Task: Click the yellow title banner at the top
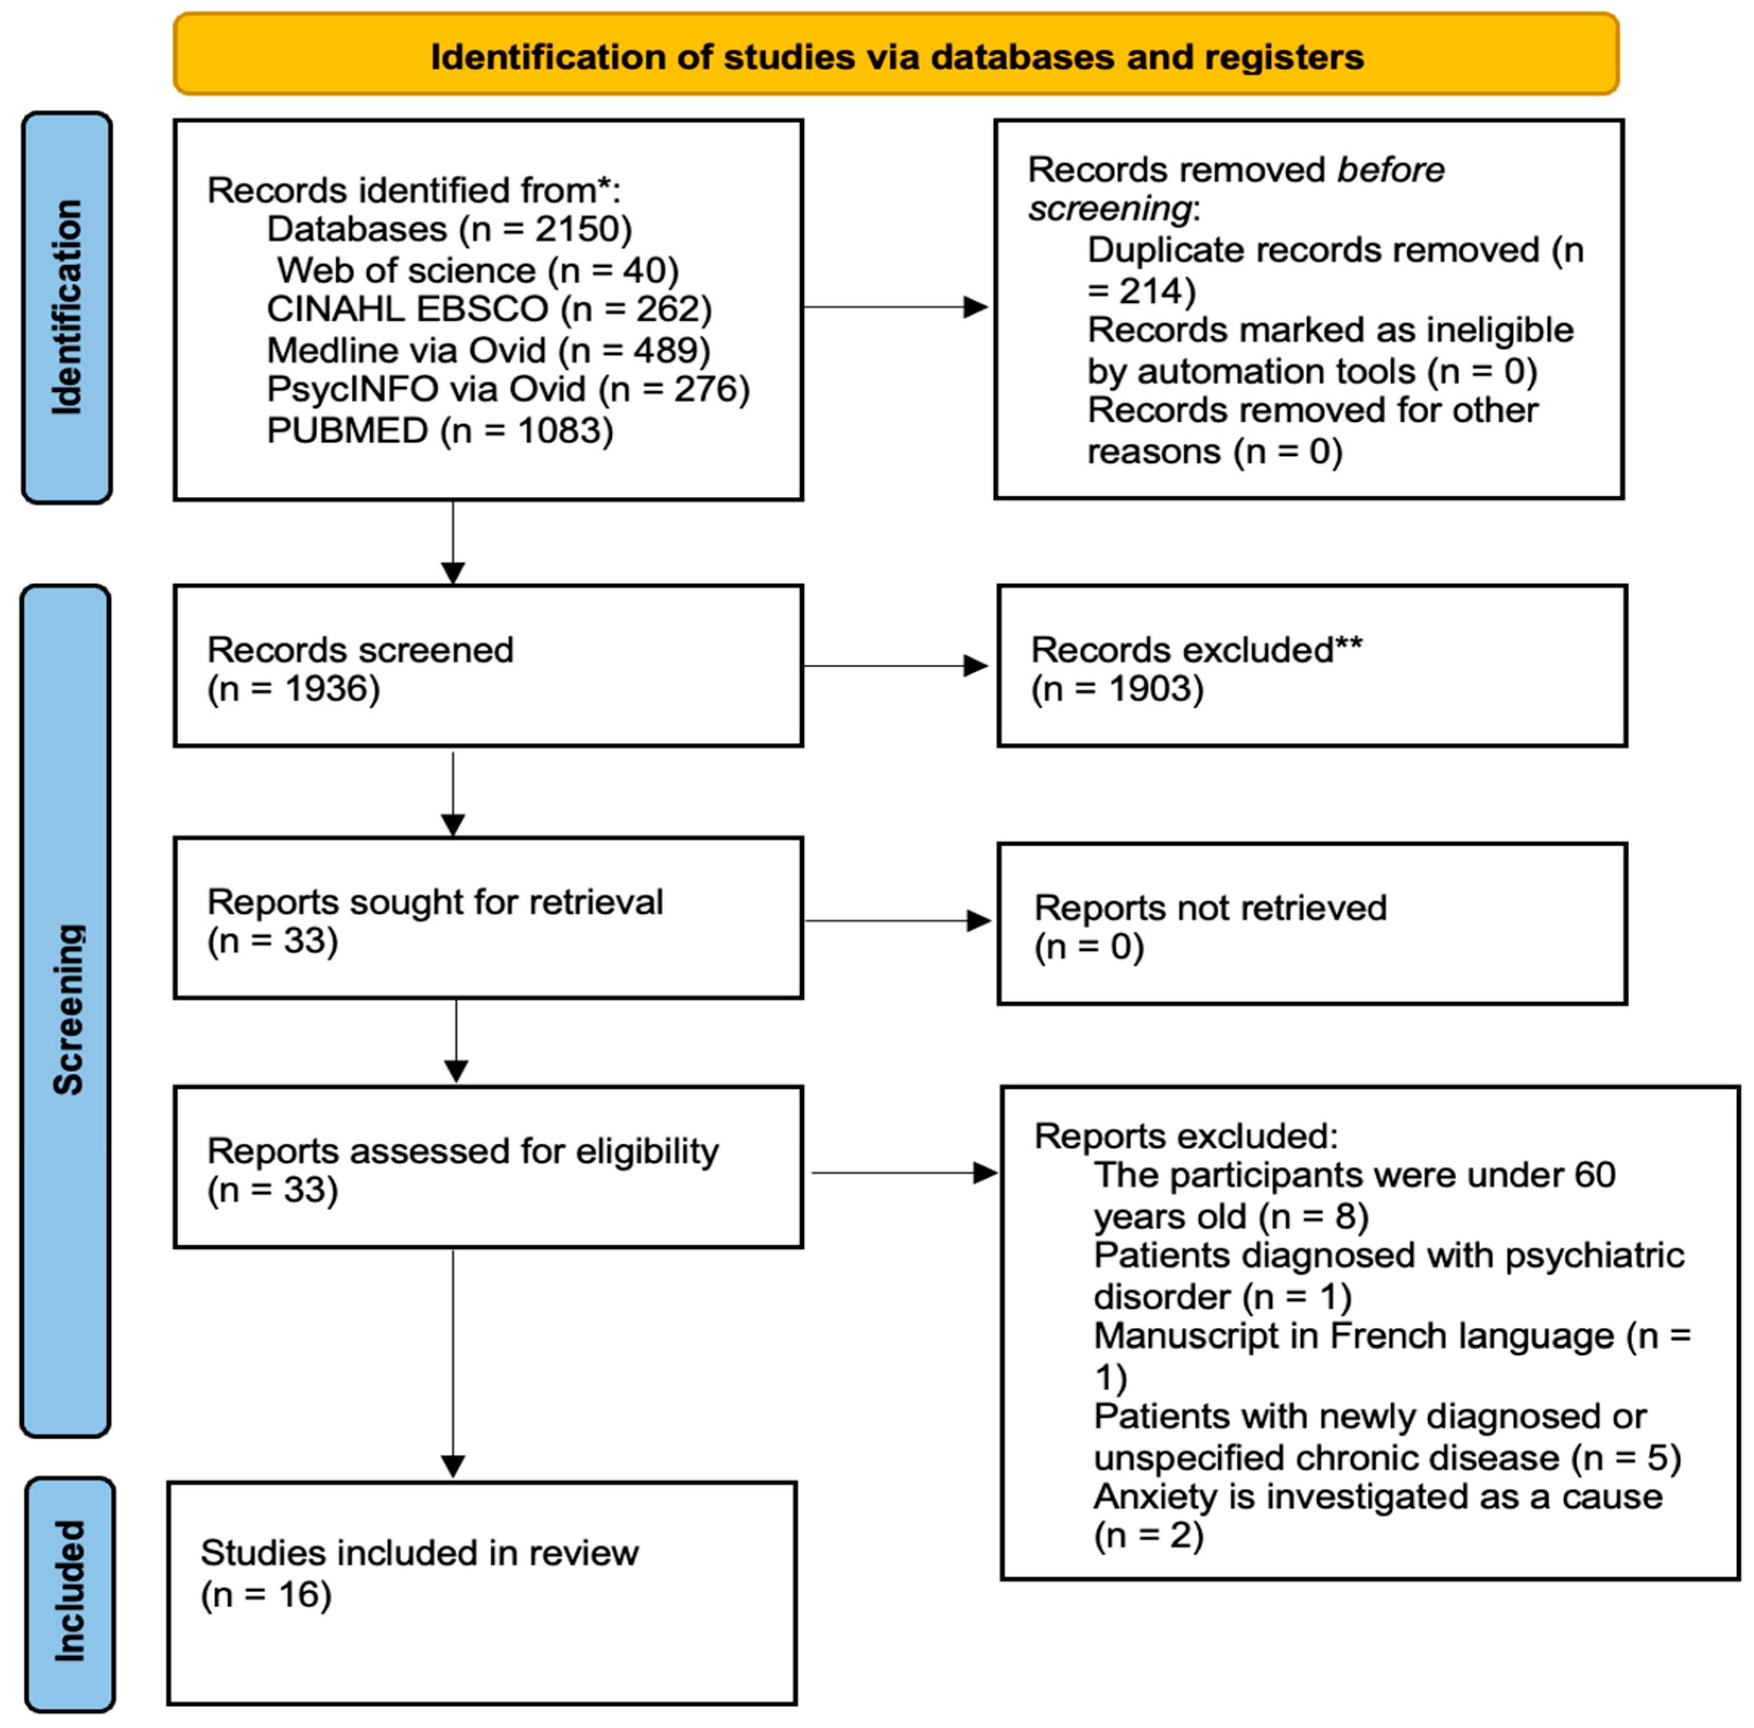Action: click(x=896, y=55)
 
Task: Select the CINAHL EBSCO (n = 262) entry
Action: click(x=488, y=309)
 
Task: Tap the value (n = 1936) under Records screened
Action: click(x=293, y=689)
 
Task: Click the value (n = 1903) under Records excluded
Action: click(x=1116, y=689)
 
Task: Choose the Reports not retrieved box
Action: click(x=1311, y=924)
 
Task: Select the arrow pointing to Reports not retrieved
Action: click(x=897, y=921)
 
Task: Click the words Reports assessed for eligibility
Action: click(x=462, y=1151)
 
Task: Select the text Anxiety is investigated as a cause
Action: click(x=1377, y=1497)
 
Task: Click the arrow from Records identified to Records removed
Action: click(x=894, y=307)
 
